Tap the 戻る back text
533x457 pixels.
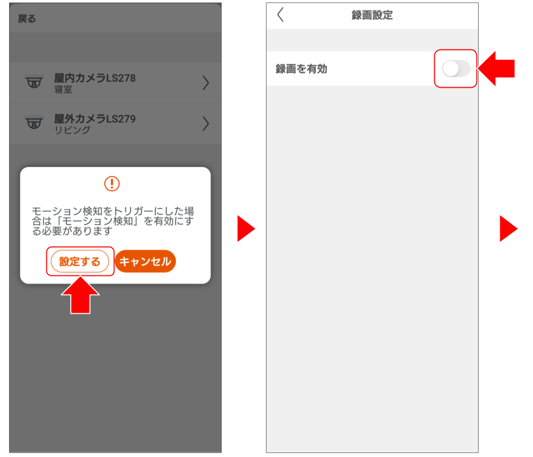point(27,19)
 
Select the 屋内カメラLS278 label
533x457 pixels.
point(95,78)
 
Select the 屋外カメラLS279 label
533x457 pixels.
point(95,119)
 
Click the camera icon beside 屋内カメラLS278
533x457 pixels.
point(34,82)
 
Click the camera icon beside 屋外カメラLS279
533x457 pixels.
point(34,123)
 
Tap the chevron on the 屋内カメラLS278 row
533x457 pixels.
point(206,83)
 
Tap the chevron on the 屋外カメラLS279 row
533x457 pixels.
point(206,124)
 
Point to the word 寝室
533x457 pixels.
point(63,90)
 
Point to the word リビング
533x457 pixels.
point(73,130)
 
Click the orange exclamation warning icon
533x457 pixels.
point(112,184)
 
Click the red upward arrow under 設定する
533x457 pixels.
point(80,296)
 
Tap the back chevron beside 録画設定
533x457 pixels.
point(281,15)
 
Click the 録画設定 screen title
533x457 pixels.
point(372,15)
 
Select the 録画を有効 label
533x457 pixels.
point(301,69)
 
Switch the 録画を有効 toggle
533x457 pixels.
point(456,69)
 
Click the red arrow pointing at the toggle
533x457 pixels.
point(496,69)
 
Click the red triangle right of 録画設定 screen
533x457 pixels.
point(508,228)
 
